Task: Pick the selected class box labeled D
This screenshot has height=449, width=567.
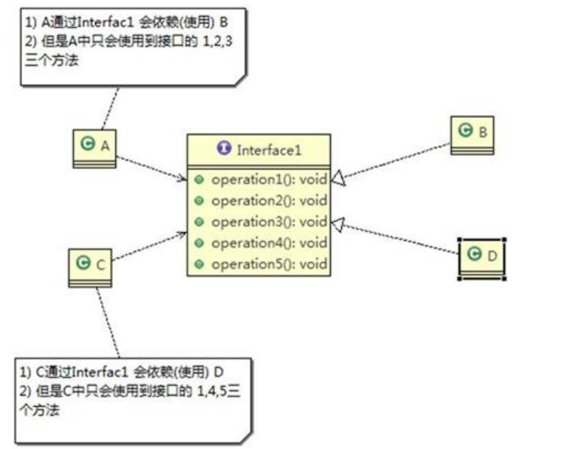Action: (481, 257)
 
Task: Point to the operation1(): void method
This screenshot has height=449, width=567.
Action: (268, 179)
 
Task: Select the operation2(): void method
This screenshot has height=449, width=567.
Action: (268, 201)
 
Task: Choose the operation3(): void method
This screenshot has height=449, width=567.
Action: (268, 222)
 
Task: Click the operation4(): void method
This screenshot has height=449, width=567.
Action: (268, 243)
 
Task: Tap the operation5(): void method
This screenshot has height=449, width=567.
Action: (268, 264)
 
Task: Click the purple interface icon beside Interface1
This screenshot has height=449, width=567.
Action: (224, 148)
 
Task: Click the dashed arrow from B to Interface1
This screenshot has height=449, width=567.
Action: (395, 160)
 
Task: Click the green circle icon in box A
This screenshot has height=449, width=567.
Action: (88, 145)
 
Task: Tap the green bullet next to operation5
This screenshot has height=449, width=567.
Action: (199, 264)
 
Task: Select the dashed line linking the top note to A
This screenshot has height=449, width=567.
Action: (110, 108)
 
